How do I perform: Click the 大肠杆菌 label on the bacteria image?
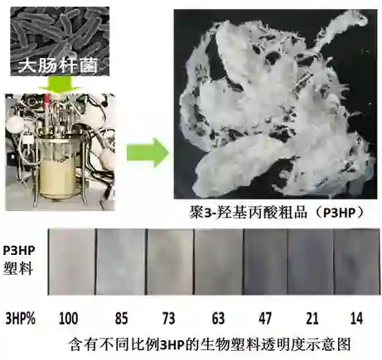pyautogui.click(x=58, y=65)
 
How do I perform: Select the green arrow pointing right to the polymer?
pyautogui.click(x=147, y=153)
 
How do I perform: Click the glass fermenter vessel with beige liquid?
pyautogui.click(x=59, y=168)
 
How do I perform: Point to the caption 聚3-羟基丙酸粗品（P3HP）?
pyautogui.click(x=277, y=213)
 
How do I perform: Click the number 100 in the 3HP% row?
pyautogui.click(x=68, y=318)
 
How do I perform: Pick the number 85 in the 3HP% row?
pyautogui.click(x=121, y=318)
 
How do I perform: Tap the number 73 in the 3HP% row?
pyautogui.click(x=168, y=318)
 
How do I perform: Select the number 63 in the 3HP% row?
pyautogui.click(x=218, y=318)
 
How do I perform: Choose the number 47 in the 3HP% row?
pyautogui.click(x=265, y=318)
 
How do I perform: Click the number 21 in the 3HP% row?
pyautogui.click(x=312, y=318)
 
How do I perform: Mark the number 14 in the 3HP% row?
pyautogui.click(x=355, y=318)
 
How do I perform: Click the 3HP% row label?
pyautogui.click(x=21, y=319)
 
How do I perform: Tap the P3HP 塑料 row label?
pyautogui.click(x=19, y=260)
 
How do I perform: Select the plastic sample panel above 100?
pyautogui.click(x=72, y=262)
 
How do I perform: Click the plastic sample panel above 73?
pyautogui.click(x=171, y=262)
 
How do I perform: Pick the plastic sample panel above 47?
pyautogui.click(x=265, y=262)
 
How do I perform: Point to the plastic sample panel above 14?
pyautogui.click(x=356, y=262)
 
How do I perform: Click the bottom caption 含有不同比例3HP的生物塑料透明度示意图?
pyautogui.click(x=210, y=344)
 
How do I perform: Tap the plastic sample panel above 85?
pyautogui.click(x=121, y=262)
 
